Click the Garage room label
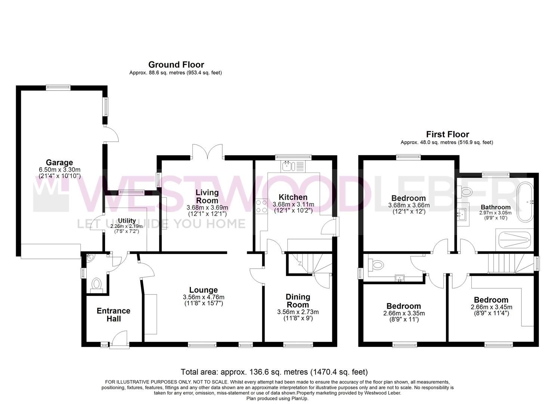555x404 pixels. (59, 163)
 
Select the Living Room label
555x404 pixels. (207, 196)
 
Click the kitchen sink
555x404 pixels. (294, 166)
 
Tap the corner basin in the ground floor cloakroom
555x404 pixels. (89, 258)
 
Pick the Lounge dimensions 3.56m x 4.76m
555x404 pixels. (204, 297)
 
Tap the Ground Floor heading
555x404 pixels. (176, 65)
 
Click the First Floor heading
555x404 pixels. (447, 134)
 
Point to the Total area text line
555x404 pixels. (274, 372)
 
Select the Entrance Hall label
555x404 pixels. (114, 315)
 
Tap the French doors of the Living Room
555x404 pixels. (208, 152)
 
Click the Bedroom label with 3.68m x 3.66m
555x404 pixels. (408, 198)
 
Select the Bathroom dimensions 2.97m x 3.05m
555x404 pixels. (496, 213)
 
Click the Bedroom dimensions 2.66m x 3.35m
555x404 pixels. (404, 313)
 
